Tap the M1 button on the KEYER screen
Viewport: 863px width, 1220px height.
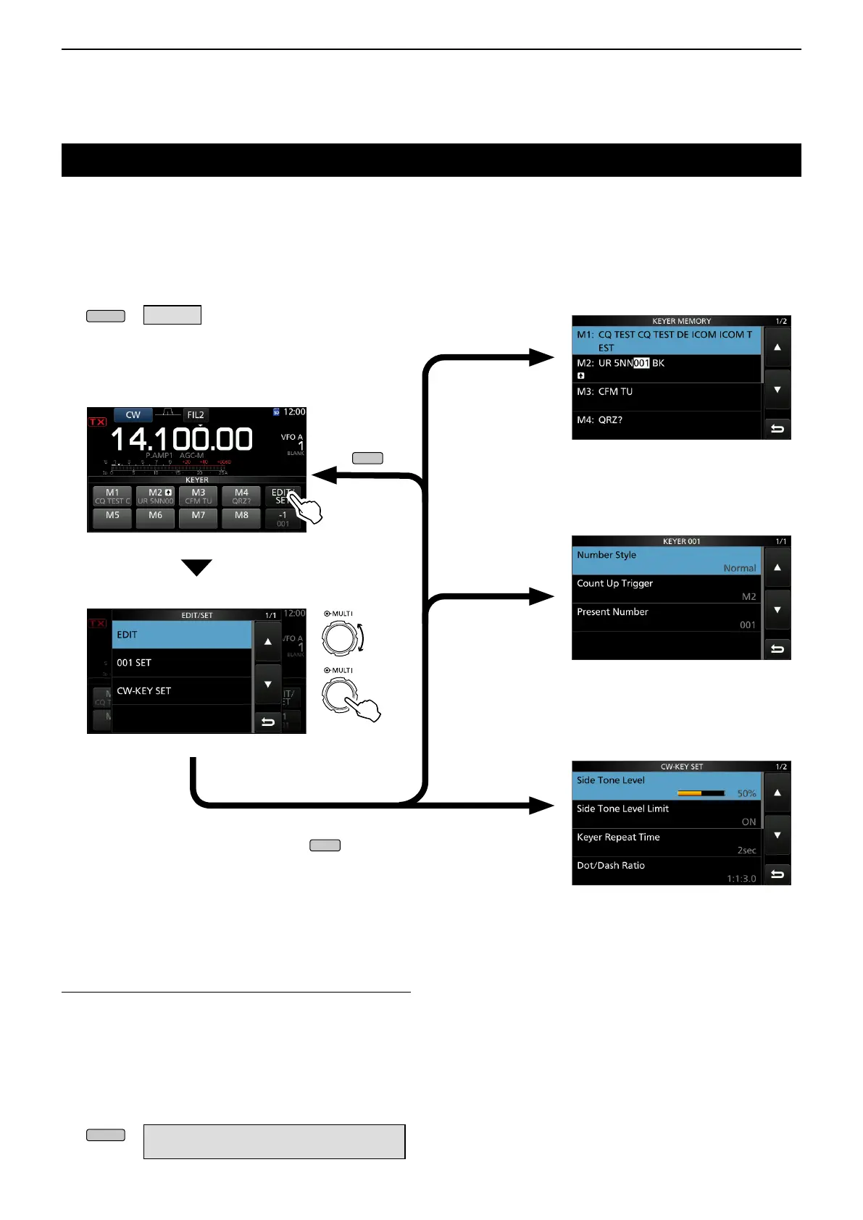(112, 496)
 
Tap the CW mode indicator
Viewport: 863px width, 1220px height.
(133, 415)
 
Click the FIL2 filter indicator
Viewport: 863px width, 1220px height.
(196, 415)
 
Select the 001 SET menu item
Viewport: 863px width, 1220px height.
(181, 663)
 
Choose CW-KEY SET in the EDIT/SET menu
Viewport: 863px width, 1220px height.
(181, 691)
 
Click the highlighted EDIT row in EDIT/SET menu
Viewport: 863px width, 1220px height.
(181, 635)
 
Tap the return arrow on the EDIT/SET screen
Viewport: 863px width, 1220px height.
(268, 722)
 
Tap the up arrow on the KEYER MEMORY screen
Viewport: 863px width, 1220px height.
(777, 348)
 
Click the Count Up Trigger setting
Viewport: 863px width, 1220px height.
(667, 589)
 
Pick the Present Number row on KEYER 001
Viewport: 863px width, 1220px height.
(667, 617)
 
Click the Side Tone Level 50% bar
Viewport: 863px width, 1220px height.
(701, 793)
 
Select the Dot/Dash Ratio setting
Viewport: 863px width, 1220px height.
(667, 871)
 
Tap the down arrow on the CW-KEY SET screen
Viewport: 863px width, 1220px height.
(777, 835)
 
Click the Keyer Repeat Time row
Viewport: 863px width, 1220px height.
(667, 843)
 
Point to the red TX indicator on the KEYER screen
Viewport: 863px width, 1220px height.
(98, 422)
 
